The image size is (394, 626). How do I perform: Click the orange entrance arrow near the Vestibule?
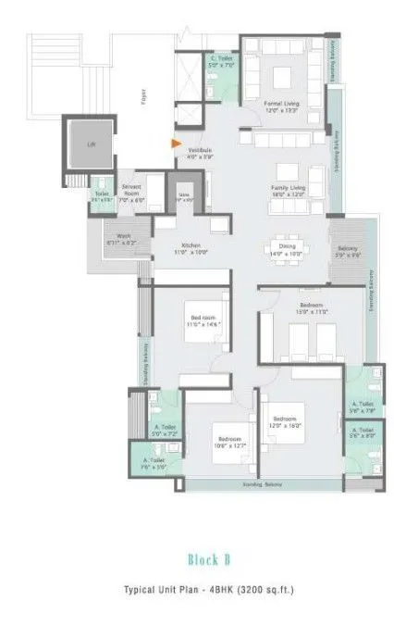(174, 144)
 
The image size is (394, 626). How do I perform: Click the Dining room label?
(289, 250)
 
